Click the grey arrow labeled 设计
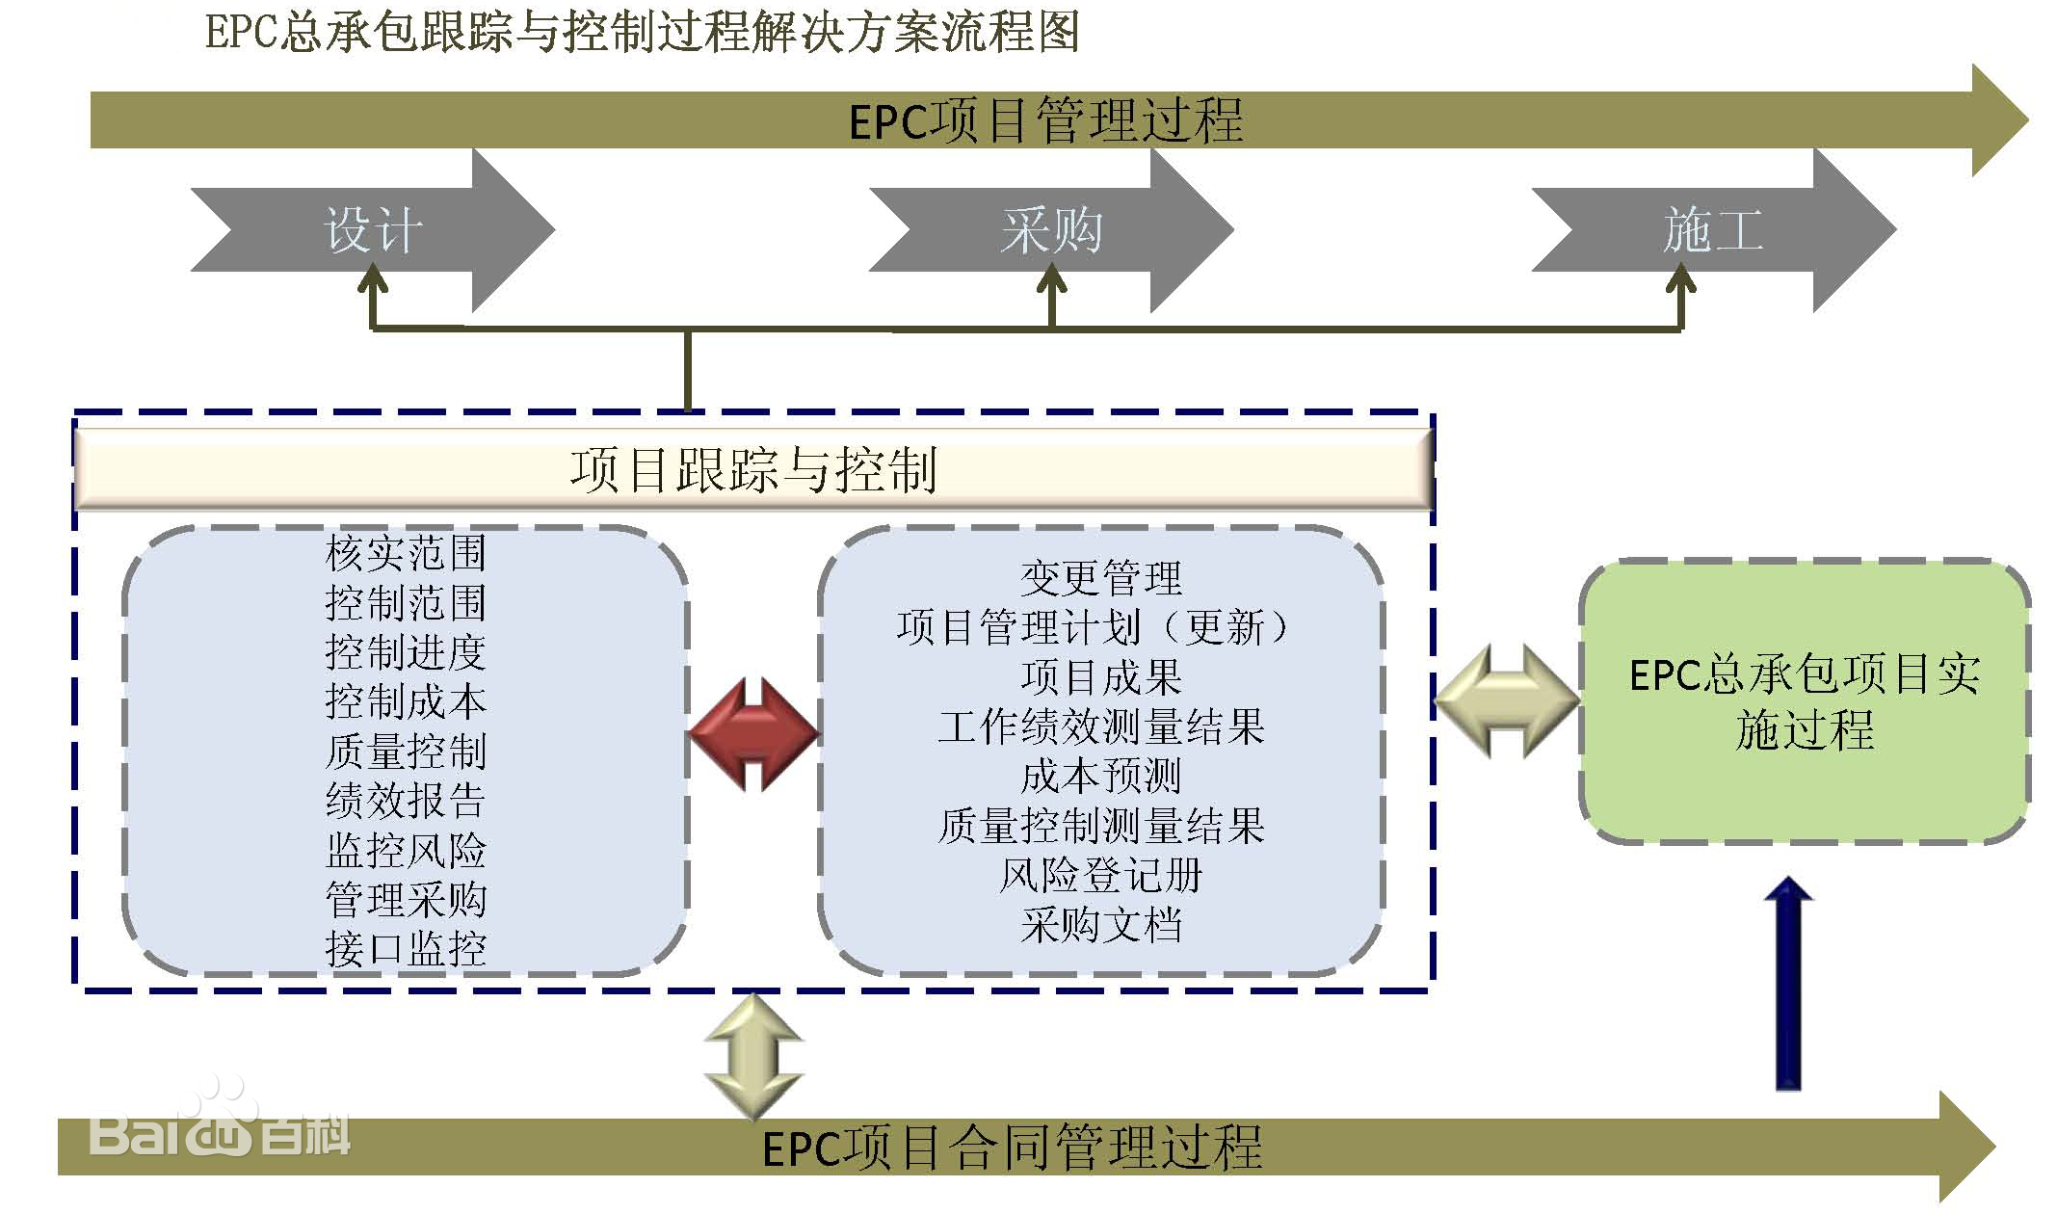pos(374,230)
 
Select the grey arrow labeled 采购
pos(1051,230)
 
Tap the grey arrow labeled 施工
pos(1713,230)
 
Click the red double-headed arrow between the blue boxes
pos(754,734)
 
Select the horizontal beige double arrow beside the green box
pos(1507,700)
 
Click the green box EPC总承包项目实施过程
pos(1804,701)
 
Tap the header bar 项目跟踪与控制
pos(753,470)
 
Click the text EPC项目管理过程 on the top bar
pos(1045,121)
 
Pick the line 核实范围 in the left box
pos(406,553)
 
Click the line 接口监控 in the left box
pos(406,949)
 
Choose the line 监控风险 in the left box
pos(406,850)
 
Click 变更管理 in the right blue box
pos(1100,578)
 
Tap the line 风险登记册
pos(1100,875)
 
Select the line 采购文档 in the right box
pos(1100,925)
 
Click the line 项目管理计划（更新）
pos(1093,628)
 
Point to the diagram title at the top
pos(642,33)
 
